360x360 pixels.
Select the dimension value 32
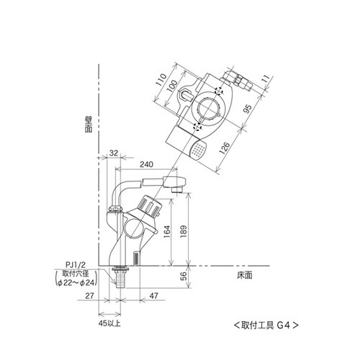(x=114, y=153)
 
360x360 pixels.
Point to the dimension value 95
(x=247, y=109)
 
